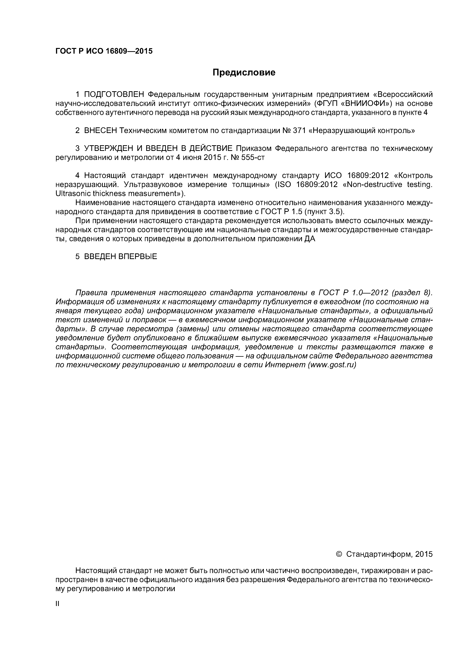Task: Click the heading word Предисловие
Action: [x=244, y=72]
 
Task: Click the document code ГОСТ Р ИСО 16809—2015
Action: [x=104, y=51]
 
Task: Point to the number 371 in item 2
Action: [x=299, y=131]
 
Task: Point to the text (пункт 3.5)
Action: [x=324, y=212]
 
